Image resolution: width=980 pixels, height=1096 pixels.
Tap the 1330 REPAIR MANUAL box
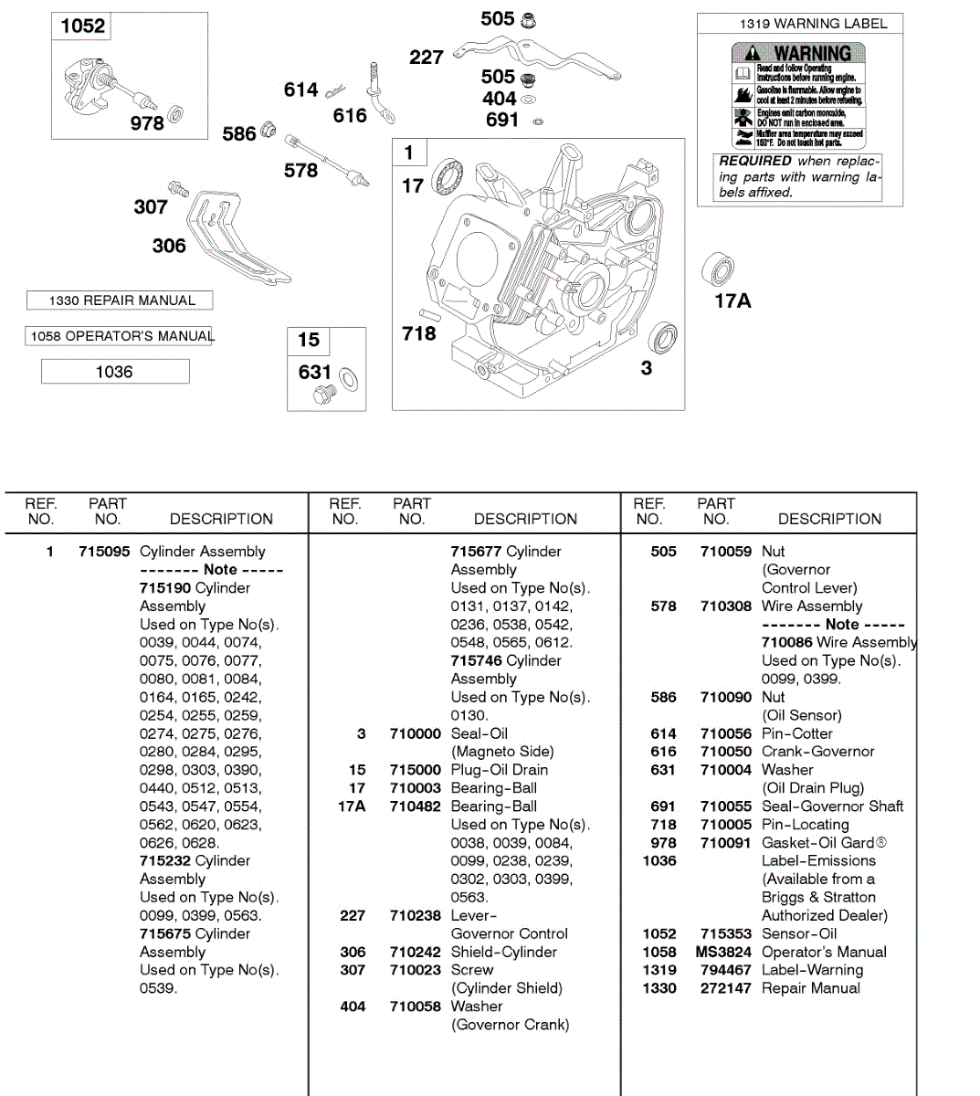click(x=120, y=300)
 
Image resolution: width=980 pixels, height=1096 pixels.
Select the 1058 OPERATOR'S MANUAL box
click(x=120, y=336)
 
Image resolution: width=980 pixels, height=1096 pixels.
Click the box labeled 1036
click(x=115, y=372)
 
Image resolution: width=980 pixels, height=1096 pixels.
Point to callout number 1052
click(x=82, y=26)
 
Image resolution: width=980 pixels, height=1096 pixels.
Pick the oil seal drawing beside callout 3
click(x=663, y=337)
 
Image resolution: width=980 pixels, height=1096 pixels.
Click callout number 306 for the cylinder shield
click(x=169, y=246)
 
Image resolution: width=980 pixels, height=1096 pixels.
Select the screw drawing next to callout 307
click(x=179, y=189)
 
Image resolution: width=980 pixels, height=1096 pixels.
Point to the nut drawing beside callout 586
click(x=268, y=129)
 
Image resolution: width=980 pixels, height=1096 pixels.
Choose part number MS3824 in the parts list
click(x=723, y=952)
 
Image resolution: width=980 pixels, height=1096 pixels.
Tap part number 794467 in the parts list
click(x=725, y=970)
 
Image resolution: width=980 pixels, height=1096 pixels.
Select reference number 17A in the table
click(x=352, y=806)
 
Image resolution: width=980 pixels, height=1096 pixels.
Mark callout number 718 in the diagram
click(x=419, y=334)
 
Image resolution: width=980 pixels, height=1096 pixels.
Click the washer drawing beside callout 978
click(x=176, y=115)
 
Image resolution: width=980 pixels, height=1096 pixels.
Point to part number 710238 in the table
click(x=415, y=915)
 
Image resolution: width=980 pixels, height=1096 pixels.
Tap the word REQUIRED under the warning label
click(x=755, y=161)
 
